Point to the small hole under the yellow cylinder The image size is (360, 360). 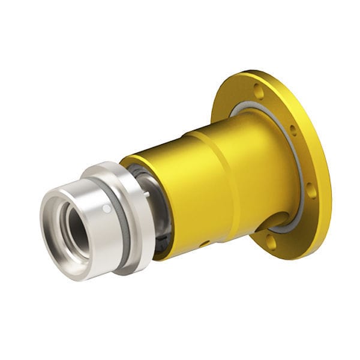coord(205,244)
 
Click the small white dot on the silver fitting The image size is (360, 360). coord(106,208)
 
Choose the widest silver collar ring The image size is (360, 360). coord(138,204)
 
